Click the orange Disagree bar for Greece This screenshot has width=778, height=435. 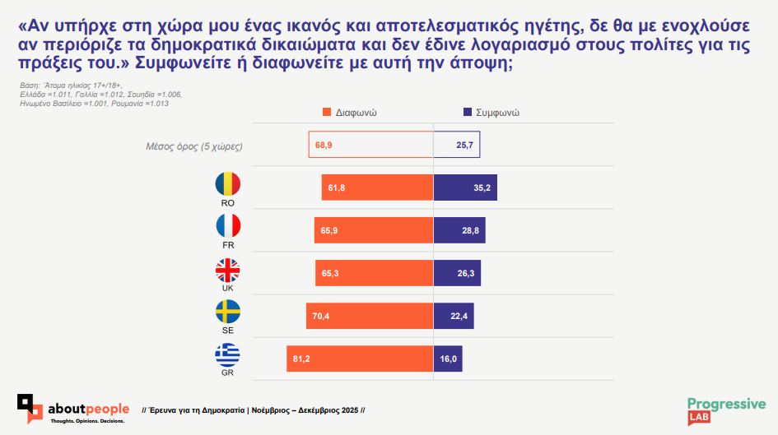[360, 359]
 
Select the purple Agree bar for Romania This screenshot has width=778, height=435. [465, 187]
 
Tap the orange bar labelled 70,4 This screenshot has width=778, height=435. [370, 316]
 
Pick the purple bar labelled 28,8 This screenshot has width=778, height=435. [459, 230]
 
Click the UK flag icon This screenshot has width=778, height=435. [228, 271]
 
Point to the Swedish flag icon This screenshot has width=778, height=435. [228, 312]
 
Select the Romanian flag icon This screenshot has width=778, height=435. [228, 184]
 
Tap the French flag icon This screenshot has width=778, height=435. [228, 226]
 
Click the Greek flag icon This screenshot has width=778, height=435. [228, 354]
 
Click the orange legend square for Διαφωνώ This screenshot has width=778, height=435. [327, 112]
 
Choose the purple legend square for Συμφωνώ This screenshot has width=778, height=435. [468, 112]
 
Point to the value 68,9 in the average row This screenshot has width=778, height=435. [324, 146]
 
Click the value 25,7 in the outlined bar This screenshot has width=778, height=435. [465, 146]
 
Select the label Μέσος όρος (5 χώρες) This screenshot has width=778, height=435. [194, 146]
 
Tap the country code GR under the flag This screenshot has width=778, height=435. [228, 373]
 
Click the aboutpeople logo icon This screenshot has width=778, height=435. [30, 409]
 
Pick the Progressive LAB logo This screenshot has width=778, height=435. [726, 411]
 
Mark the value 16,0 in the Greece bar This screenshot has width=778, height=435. [448, 359]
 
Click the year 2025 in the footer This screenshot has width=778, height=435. [350, 410]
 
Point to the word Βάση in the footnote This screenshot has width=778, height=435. [30, 86]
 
